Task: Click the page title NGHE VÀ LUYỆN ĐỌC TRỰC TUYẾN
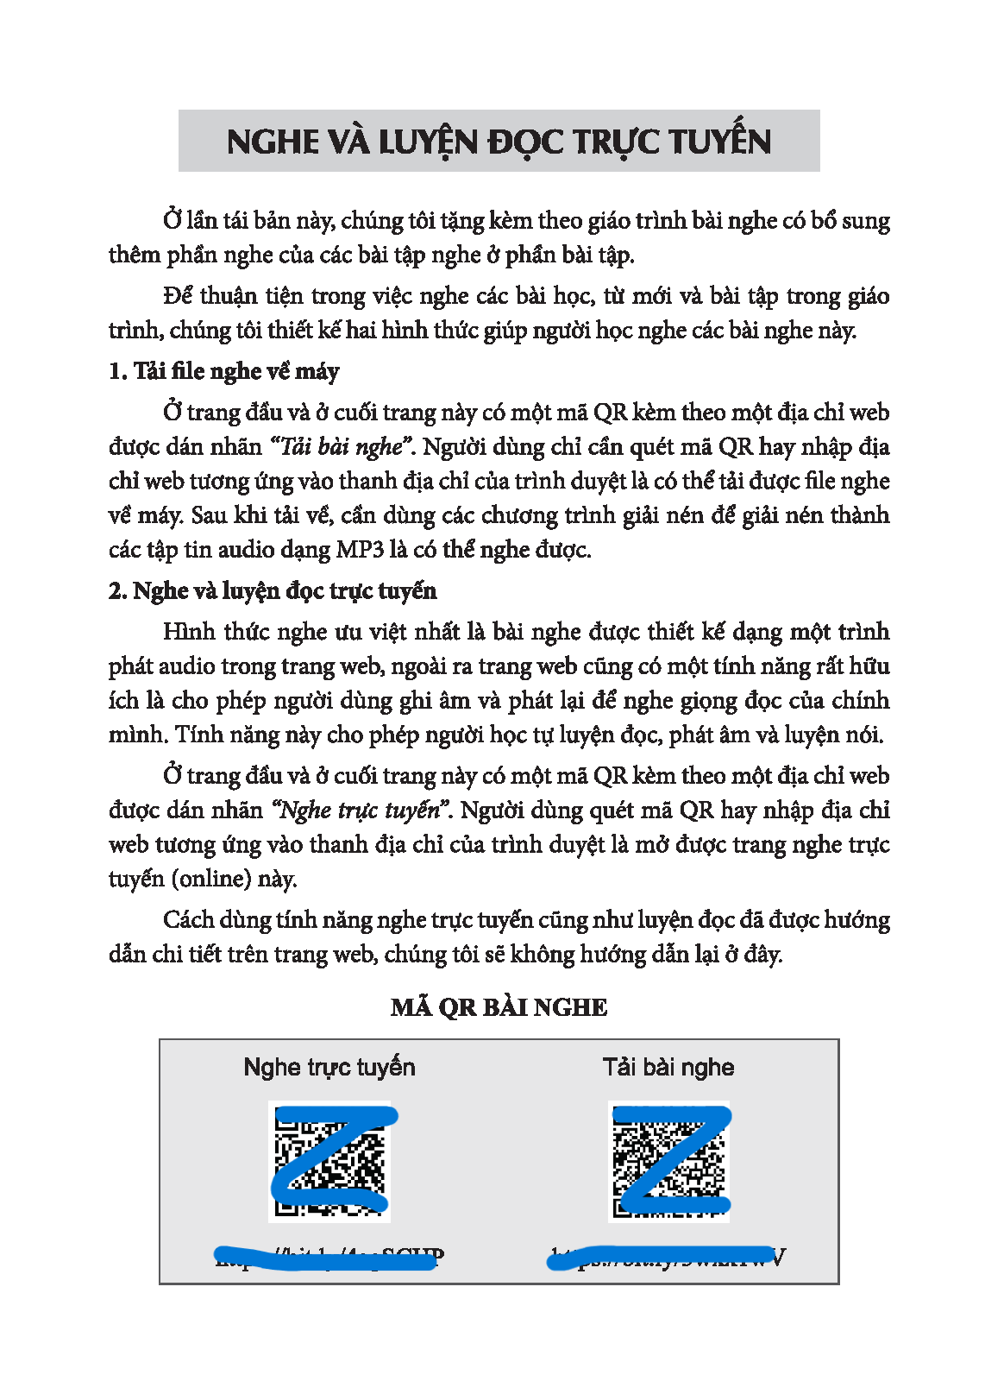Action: click(499, 142)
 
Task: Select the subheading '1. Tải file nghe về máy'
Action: click(223, 371)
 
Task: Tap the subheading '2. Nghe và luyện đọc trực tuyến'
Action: click(273, 590)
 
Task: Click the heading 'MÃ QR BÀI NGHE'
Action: click(499, 1007)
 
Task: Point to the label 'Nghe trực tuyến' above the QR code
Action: click(329, 1067)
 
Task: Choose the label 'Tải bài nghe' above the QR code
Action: click(668, 1067)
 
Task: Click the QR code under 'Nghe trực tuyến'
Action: click(329, 1161)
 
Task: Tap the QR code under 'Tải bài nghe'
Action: click(669, 1161)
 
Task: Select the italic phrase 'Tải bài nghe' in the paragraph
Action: click(342, 447)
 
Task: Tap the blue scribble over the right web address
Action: click(660, 1258)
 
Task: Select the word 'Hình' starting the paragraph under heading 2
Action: click(188, 632)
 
